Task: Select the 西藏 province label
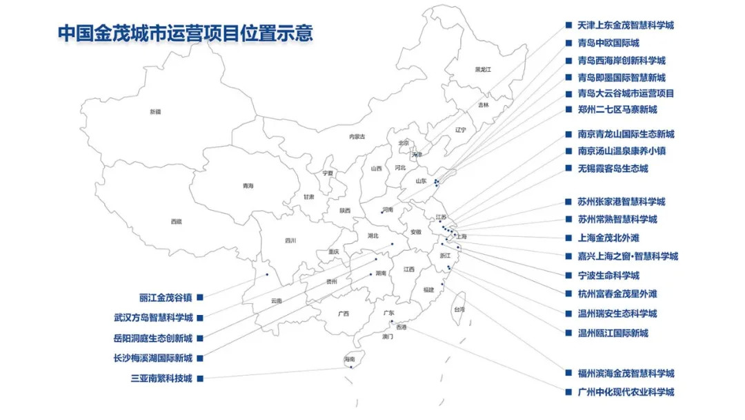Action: [177, 221]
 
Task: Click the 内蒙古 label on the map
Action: [357, 136]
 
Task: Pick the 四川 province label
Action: [290, 240]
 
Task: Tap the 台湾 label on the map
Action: [459, 310]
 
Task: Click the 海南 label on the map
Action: [349, 359]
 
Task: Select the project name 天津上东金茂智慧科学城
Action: [626, 26]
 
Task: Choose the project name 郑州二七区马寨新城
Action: [617, 109]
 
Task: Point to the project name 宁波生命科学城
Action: [608, 275]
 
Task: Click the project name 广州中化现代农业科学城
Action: [626, 392]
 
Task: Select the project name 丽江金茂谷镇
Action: [166, 298]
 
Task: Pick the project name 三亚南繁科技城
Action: [161, 378]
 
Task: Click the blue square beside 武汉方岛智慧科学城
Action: [200, 318]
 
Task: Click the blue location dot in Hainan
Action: [351, 367]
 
